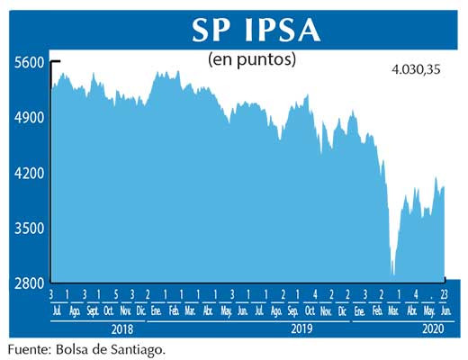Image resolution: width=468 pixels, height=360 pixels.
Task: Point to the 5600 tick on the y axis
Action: tap(30, 62)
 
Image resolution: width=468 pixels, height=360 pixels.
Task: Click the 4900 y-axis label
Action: tap(30, 118)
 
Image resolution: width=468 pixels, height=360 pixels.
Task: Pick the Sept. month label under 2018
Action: tap(92, 310)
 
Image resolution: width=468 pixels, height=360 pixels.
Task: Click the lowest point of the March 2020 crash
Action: tap(393, 274)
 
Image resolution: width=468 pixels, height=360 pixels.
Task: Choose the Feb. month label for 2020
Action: tap(378, 310)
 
